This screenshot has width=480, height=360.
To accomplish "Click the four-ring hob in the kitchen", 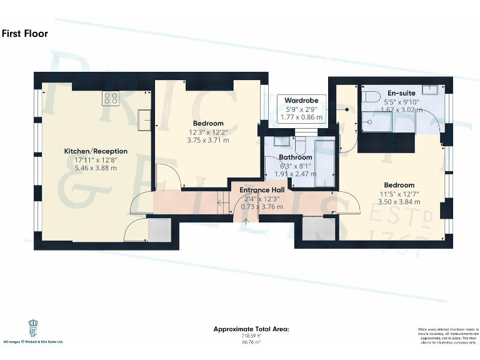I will coord(111,97).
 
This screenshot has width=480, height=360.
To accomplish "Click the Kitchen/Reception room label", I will coord(96,151).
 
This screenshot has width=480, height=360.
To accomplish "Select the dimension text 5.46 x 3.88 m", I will coord(96,168).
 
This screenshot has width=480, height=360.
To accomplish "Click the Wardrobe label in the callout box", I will coord(302,100).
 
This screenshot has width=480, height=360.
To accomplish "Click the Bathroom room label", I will coord(295,157).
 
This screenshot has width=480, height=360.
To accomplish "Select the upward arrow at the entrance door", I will coord(245,219).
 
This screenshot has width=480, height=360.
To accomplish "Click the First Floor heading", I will coord(25,34).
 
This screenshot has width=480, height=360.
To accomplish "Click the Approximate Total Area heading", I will coord(251,329).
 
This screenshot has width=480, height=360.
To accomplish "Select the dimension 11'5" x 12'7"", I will coord(399,194).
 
